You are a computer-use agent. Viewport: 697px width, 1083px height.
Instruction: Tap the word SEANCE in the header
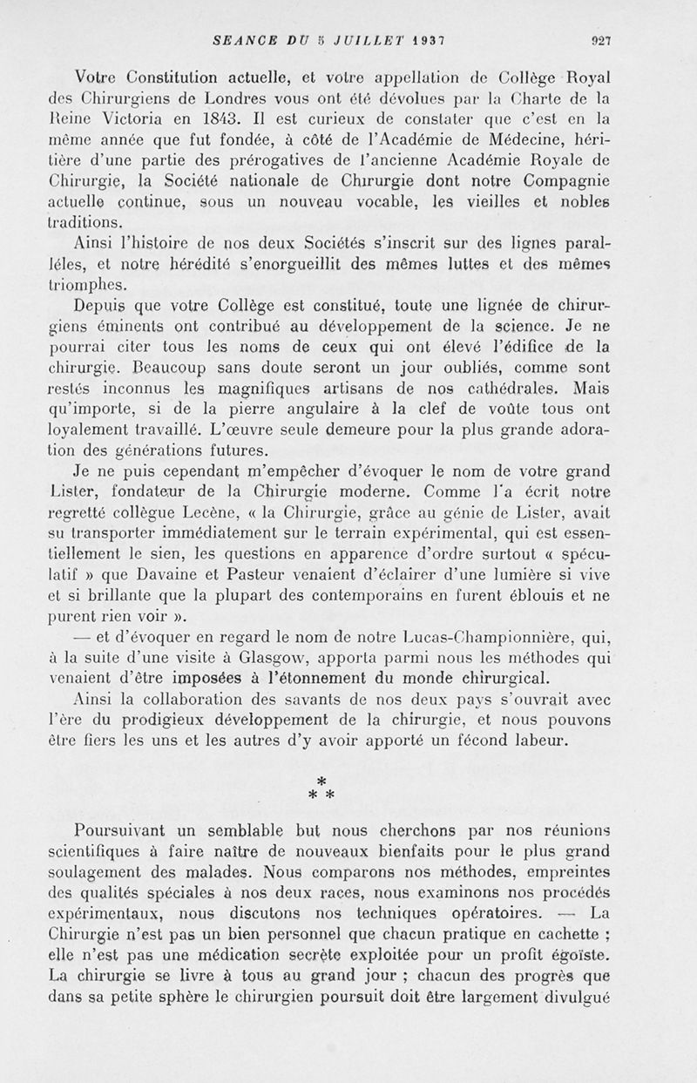tap(238, 38)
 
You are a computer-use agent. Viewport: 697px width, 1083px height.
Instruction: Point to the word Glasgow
tap(294, 661)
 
